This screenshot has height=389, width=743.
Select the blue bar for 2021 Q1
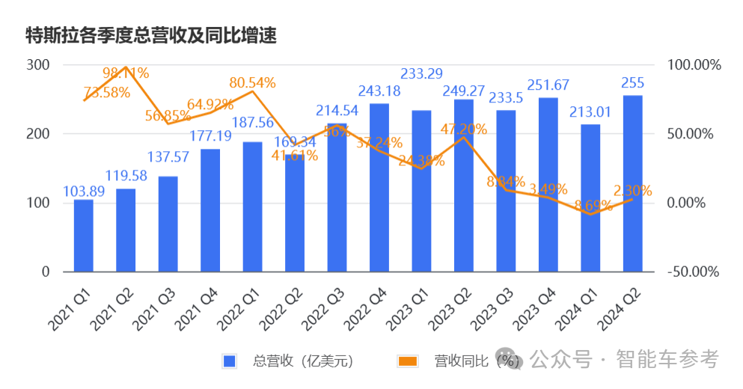tap(84, 236)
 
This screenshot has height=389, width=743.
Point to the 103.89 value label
tap(84, 192)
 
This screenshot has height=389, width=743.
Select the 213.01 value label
tap(591, 113)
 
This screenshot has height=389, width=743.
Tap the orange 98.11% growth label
tap(126, 73)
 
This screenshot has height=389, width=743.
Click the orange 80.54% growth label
tap(253, 82)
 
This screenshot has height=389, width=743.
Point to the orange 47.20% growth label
tap(464, 129)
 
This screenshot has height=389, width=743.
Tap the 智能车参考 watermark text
tap(667, 360)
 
